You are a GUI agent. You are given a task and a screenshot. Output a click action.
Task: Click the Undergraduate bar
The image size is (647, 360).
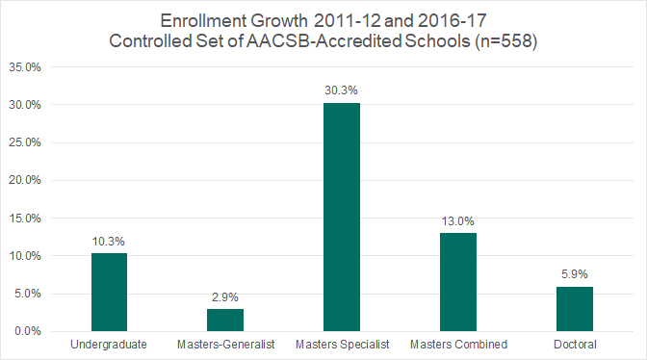[x=109, y=293]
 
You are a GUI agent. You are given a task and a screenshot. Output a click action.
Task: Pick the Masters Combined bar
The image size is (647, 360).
[x=458, y=282]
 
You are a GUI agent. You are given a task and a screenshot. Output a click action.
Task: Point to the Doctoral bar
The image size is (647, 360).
[x=575, y=309]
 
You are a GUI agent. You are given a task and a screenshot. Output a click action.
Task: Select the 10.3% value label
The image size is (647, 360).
[x=109, y=241]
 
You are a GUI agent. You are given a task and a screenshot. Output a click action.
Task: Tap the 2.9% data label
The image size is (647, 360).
[x=225, y=296]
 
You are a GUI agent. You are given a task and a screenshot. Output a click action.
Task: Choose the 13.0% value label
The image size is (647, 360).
[x=458, y=220]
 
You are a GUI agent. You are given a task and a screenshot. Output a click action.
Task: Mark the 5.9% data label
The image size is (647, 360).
[x=575, y=273]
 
